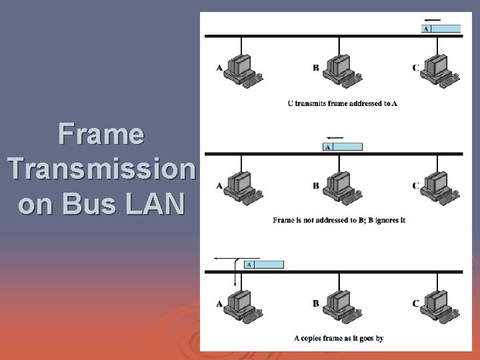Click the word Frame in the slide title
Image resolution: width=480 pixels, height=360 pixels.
click(101, 134)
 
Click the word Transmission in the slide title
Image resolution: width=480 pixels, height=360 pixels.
click(101, 169)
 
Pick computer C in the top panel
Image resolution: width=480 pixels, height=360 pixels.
click(438, 70)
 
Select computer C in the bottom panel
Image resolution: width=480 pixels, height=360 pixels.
click(438, 306)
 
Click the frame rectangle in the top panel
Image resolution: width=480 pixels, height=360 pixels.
click(441, 29)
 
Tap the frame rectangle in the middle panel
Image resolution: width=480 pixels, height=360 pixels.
click(343, 147)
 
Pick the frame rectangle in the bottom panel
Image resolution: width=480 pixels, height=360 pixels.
click(264, 265)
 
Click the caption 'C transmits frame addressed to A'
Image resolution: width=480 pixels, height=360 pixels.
click(342, 103)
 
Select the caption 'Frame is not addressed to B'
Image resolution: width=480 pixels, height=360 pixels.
click(339, 221)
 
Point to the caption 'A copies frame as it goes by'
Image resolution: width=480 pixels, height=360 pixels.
click(339, 339)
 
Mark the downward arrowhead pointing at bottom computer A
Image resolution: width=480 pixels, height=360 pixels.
click(235, 284)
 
